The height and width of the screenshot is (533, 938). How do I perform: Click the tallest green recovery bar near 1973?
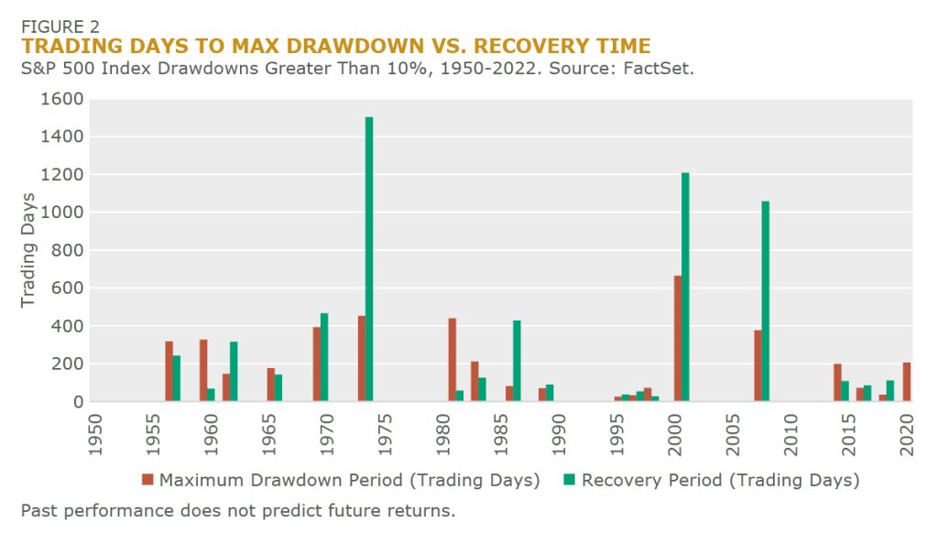pyautogui.click(x=369, y=259)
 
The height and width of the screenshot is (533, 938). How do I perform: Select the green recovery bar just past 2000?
pyautogui.click(x=685, y=288)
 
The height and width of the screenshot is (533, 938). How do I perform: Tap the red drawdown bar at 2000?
pyautogui.click(x=678, y=339)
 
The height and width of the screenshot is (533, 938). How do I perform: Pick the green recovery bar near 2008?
pyautogui.click(x=765, y=301)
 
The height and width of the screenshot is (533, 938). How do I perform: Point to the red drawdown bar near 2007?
pyautogui.click(x=758, y=365)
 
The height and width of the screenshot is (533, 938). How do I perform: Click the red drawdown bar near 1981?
pyautogui.click(x=453, y=360)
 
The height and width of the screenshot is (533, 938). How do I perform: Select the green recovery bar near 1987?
pyautogui.click(x=517, y=362)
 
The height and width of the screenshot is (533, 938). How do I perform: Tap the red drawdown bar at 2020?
pyautogui.click(x=907, y=382)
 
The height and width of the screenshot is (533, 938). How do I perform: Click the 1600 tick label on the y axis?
pyautogui.click(x=61, y=99)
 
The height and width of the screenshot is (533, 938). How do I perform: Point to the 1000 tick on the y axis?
pyautogui.click(x=61, y=212)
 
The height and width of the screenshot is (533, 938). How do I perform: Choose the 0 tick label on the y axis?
pyautogui.click(x=78, y=402)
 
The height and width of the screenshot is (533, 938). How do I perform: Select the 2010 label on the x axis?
pyautogui.click(x=791, y=434)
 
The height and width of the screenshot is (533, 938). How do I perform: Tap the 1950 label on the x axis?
pyautogui.click(x=94, y=434)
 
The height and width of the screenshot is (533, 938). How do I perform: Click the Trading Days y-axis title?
pyautogui.click(x=28, y=250)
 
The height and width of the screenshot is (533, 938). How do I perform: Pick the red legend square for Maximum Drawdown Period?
pyautogui.click(x=147, y=479)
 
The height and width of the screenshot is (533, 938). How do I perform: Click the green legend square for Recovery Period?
pyautogui.click(x=569, y=479)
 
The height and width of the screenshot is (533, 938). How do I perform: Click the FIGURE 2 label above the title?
pyautogui.click(x=60, y=27)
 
